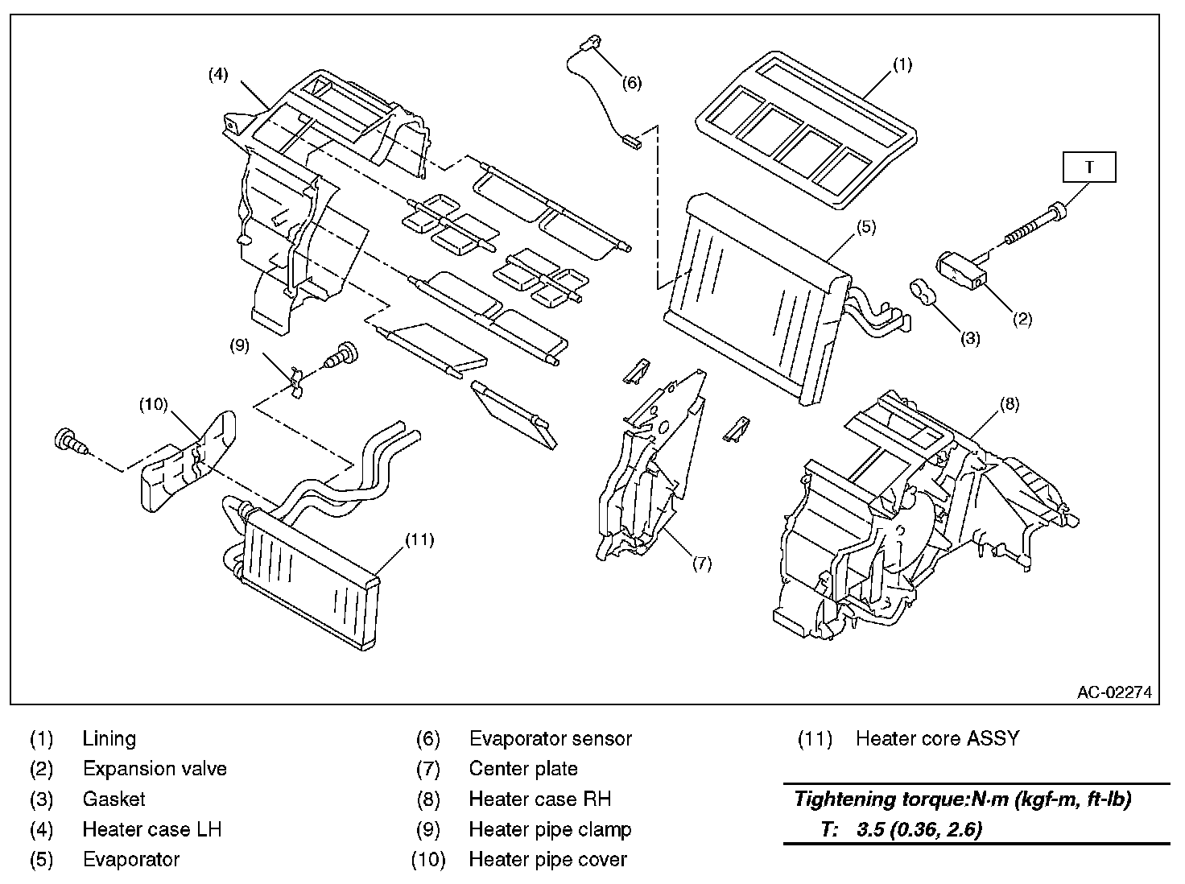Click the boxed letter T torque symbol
(x=1089, y=167)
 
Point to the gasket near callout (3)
(x=922, y=292)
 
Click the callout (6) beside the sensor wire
(x=632, y=82)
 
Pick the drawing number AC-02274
(x=1115, y=692)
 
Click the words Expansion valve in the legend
(x=155, y=769)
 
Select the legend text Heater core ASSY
(x=937, y=738)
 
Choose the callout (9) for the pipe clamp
(x=239, y=345)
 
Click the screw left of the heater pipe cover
(x=68, y=441)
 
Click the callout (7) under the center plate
(x=701, y=564)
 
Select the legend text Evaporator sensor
(x=550, y=738)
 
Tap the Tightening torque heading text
(x=963, y=799)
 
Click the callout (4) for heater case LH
(x=218, y=75)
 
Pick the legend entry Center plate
(x=523, y=769)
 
